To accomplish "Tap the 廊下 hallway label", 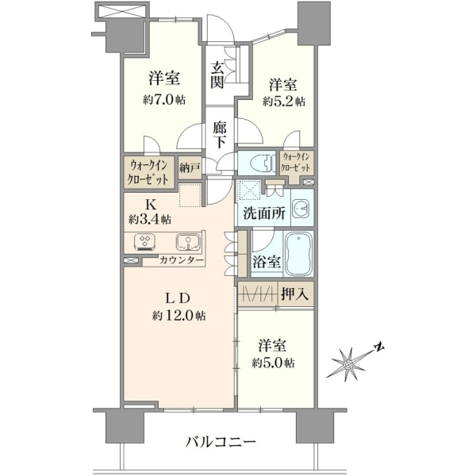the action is [219, 135].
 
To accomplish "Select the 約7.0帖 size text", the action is [164, 100].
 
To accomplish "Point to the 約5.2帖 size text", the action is [284, 101].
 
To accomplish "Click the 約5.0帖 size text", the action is [273, 363].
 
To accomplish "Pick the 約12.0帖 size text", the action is [179, 316].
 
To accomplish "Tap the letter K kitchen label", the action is [151, 205].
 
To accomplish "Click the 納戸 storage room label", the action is [190, 168].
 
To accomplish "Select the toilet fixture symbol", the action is [259, 163].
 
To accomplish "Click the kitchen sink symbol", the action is [188, 242].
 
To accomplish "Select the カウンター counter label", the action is [181, 260].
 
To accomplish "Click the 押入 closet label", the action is [295, 294].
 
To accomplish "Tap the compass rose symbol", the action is [349, 363].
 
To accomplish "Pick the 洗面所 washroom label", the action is [264, 213].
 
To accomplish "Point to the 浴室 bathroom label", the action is [267, 262].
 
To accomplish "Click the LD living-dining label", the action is [178, 299].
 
